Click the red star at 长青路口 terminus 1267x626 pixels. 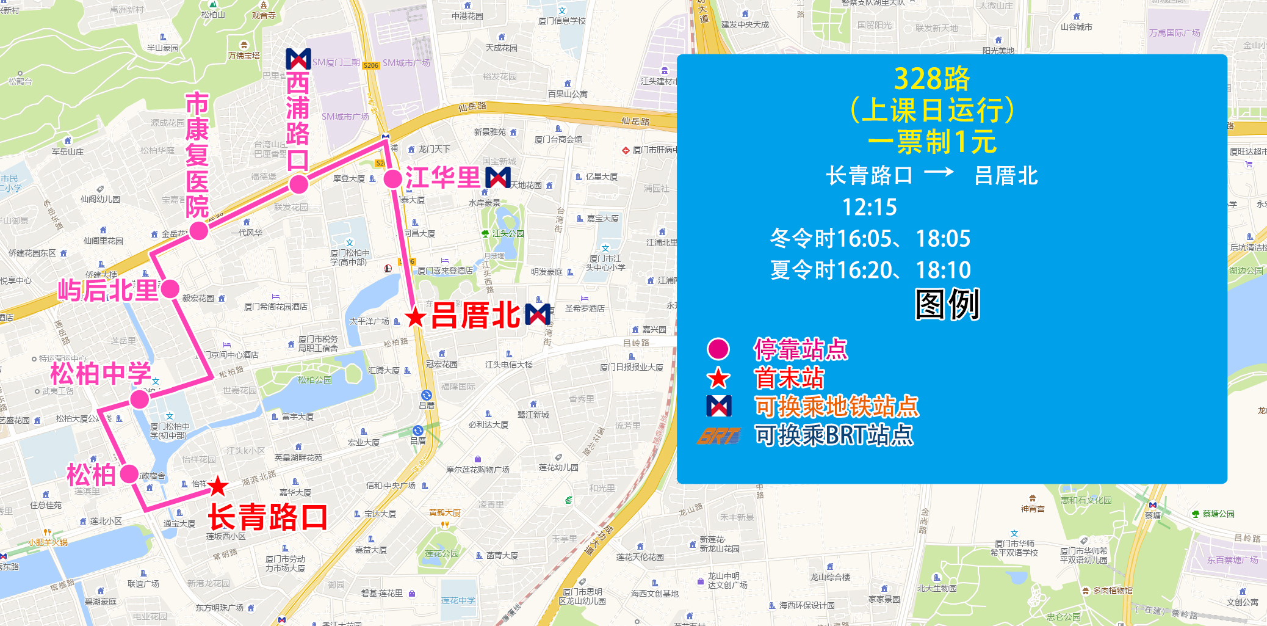(217, 486)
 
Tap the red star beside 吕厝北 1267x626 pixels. (416, 317)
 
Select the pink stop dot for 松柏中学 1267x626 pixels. (140, 399)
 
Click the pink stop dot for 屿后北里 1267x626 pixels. (170, 288)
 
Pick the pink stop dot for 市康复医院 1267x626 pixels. (198, 231)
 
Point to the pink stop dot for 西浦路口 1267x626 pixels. (298, 184)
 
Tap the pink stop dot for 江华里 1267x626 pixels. (392, 179)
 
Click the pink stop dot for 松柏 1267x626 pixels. (129, 473)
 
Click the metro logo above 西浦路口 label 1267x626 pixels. (298, 59)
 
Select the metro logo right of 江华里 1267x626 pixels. (498, 178)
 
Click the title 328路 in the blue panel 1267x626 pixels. (931, 79)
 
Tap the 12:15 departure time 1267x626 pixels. (869, 208)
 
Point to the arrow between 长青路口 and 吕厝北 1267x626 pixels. (939, 173)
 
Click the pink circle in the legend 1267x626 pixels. (718, 349)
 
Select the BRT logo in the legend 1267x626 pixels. (719, 436)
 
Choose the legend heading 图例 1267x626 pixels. (947, 304)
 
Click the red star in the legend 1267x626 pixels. (718, 379)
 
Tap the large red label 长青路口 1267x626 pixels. (267, 517)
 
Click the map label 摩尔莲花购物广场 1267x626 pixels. (478, 470)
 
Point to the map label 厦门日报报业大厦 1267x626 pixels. (632, 367)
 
